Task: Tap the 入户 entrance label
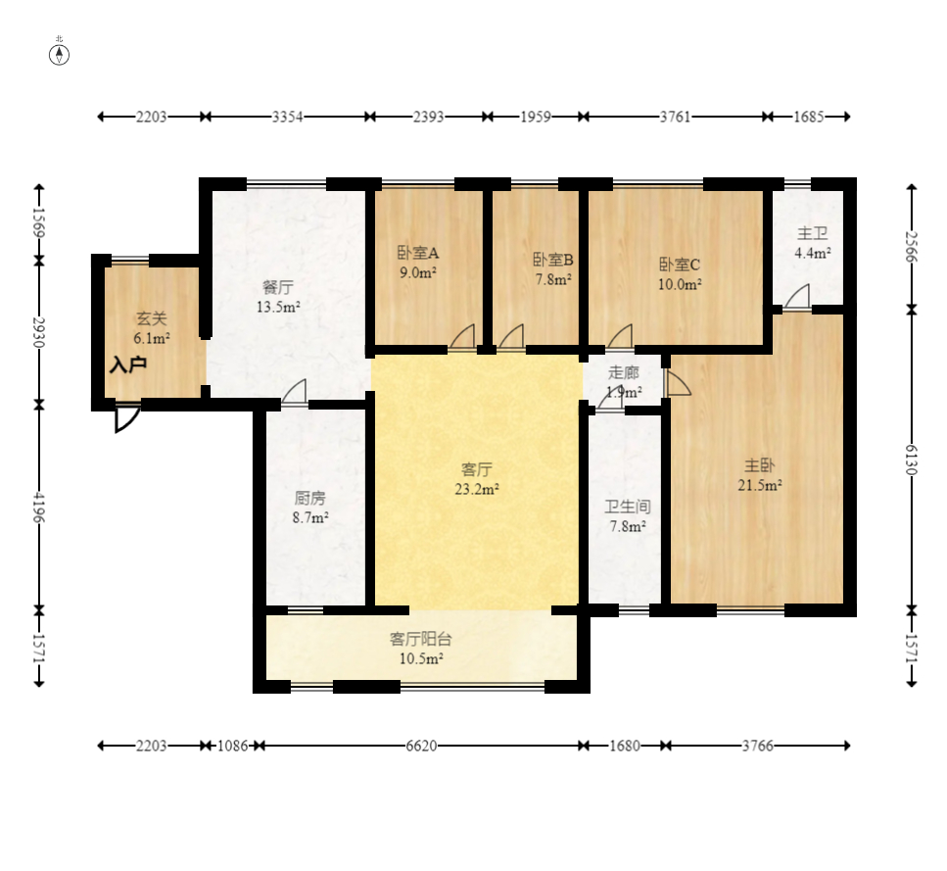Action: click(128, 364)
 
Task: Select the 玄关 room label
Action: click(151, 318)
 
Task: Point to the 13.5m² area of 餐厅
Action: click(278, 307)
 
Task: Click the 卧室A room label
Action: click(418, 253)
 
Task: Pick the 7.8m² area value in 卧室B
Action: click(553, 279)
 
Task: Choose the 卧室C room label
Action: click(680, 265)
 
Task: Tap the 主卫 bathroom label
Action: click(812, 233)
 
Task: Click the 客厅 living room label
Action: click(477, 468)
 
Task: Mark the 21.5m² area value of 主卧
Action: click(760, 485)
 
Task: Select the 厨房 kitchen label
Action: click(309, 498)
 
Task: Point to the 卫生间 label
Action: click(628, 507)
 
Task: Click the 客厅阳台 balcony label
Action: click(421, 639)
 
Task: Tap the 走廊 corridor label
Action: click(623, 372)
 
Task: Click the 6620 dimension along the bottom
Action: click(421, 746)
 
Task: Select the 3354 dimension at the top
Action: click(287, 117)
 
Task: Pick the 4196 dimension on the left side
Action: click(38, 508)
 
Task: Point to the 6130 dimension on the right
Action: click(912, 460)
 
